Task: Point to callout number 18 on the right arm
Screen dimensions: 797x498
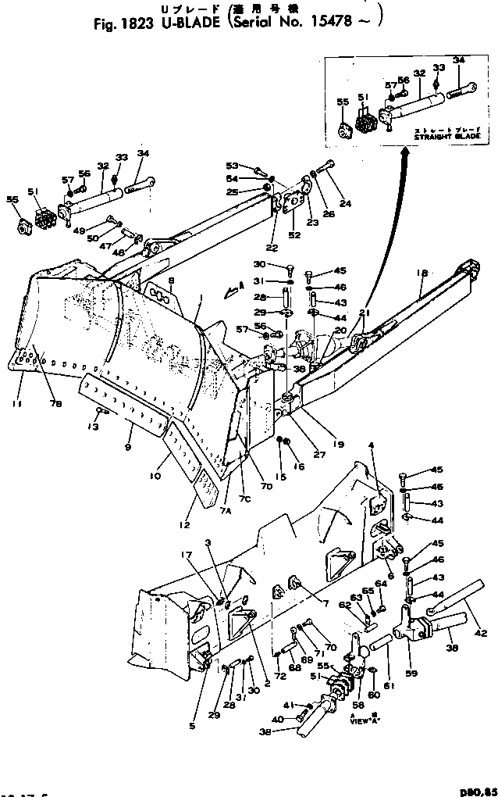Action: coord(422,273)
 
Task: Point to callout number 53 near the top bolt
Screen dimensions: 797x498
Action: coord(231,166)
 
